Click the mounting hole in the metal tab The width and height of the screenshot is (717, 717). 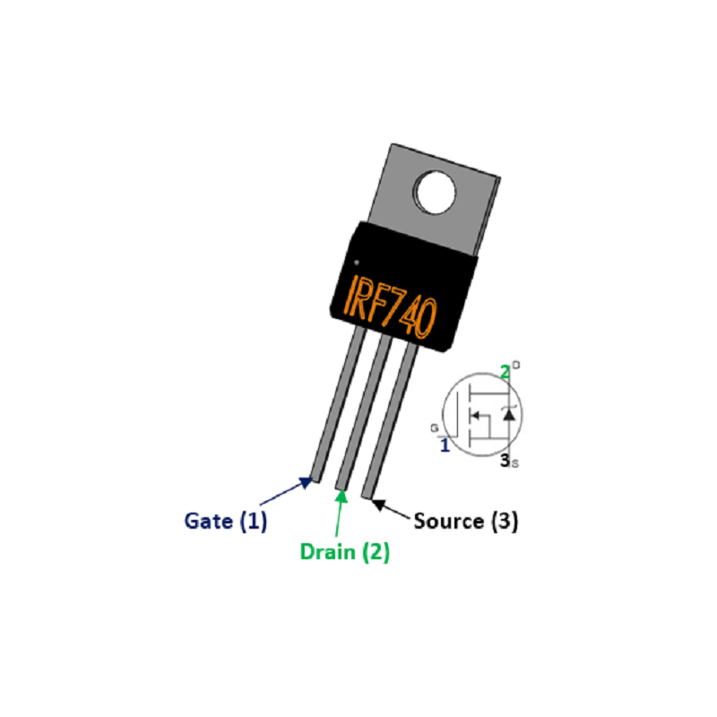(x=435, y=193)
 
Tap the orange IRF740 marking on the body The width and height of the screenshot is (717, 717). (x=390, y=306)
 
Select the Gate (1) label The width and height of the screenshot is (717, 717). (x=226, y=522)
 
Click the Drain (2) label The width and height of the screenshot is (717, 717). (x=345, y=552)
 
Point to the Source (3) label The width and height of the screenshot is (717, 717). (x=466, y=522)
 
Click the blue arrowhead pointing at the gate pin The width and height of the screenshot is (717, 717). (x=307, y=482)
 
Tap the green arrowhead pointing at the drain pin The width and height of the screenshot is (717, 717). (x=341, y=496)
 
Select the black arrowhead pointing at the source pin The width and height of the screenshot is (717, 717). (x=377, y=505)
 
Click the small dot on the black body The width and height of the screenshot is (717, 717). (x=357, y=263)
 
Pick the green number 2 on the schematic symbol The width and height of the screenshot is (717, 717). (x=505, y=372)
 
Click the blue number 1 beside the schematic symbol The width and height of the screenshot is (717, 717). (x=445, y=445)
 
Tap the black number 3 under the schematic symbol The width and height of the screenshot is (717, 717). (x=505, y=461)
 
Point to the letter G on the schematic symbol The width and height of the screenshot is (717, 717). (x=434, y=428)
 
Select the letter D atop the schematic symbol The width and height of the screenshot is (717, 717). (x=516, y=365)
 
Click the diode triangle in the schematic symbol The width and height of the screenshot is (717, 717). (x=508, y=415)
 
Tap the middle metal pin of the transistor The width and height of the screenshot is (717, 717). (x=364, y=411)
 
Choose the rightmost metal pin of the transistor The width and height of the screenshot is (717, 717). (x=390, y=420)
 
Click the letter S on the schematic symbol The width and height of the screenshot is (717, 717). (x=515, y=464)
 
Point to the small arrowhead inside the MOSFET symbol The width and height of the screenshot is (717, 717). (x=476, y=416)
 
